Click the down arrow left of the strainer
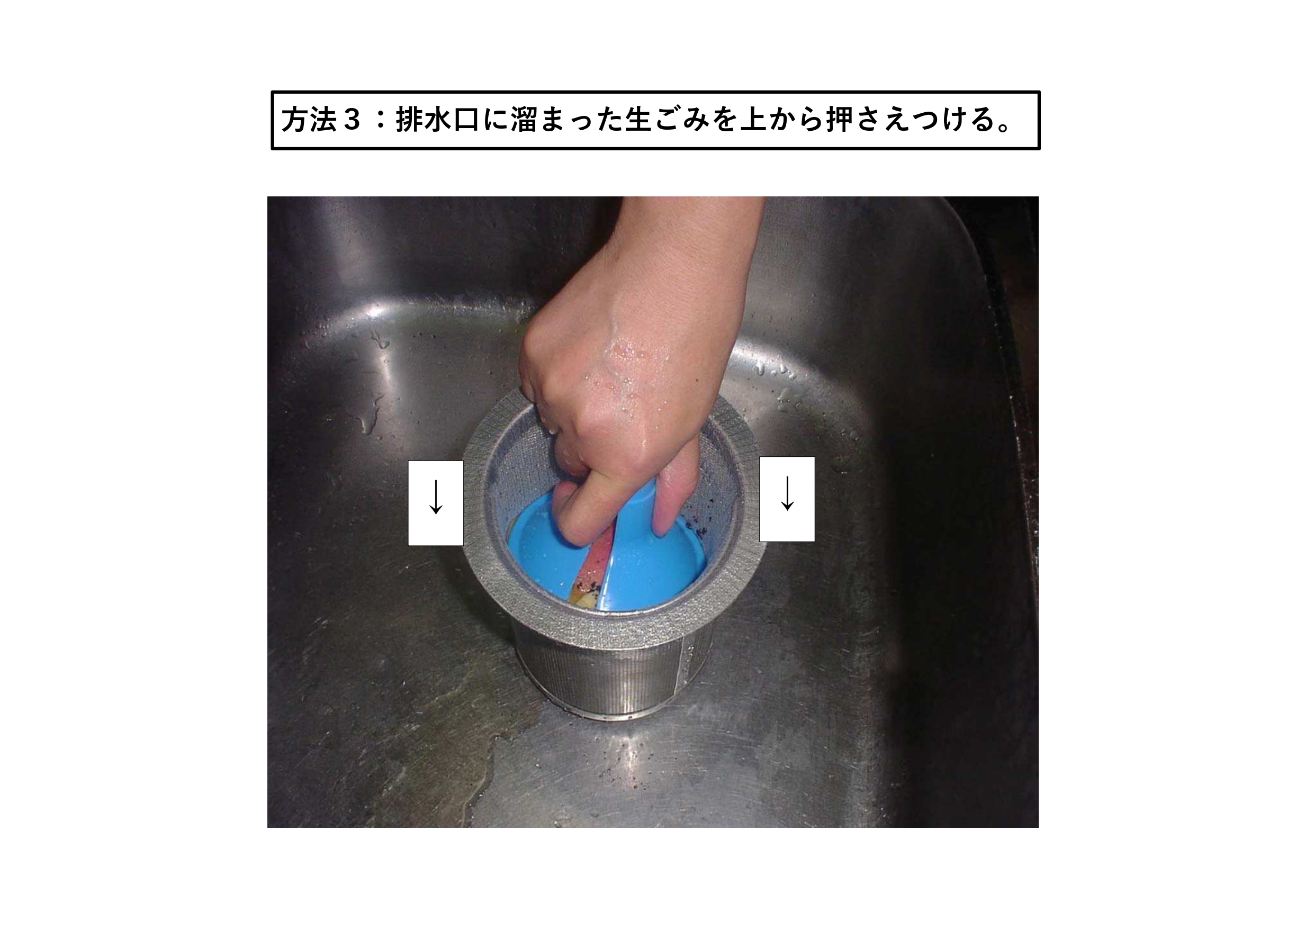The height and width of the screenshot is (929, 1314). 436,497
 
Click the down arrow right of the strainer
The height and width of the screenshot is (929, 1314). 787,493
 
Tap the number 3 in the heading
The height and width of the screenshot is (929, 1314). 351,120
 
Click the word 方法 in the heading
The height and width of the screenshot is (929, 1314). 309,120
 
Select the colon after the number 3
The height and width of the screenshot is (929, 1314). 379,121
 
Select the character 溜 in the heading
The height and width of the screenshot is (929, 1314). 524,120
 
